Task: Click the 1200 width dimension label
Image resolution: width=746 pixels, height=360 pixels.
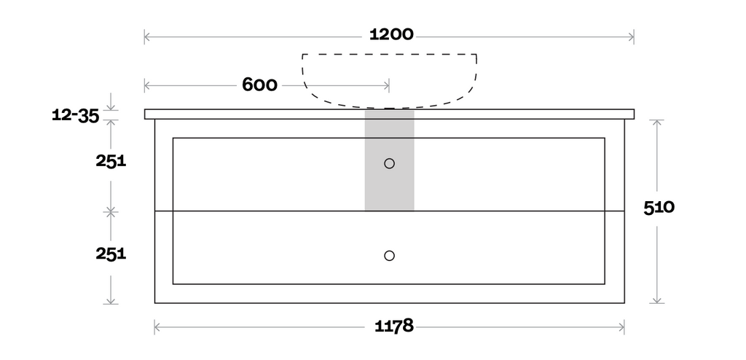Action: click(391, 35)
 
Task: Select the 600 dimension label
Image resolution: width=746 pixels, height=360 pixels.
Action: click(259, 85)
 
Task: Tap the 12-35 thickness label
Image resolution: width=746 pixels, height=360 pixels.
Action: click(76, 115)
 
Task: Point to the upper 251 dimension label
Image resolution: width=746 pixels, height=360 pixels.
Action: click(111, 162)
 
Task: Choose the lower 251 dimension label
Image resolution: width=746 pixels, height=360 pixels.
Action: click(111, 254)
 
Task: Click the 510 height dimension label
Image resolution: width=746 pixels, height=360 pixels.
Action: click(659, 208)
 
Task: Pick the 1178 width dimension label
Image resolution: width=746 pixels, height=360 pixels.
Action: click(394, 326)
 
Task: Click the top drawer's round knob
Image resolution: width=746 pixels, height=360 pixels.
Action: click(389, 163)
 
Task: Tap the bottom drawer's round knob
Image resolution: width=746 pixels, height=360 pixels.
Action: click(389, 256)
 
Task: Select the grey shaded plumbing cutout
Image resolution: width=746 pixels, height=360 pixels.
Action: click(389, 160)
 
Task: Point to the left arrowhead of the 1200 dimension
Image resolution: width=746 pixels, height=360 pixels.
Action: click(147, 36)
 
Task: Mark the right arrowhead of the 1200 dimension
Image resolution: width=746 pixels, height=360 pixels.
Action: click(632, 36)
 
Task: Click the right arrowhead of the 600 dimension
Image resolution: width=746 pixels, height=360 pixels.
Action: click(386, 86)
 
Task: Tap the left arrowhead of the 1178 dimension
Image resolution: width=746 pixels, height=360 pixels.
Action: click(157, 327)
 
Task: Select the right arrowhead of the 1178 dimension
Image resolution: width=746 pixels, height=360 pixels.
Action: click(621, 327)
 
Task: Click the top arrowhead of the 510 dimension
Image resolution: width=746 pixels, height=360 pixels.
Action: click(657, 122)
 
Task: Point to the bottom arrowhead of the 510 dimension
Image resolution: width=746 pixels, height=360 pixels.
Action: click(657, 300)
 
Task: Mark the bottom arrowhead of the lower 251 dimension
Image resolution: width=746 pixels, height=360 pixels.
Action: click(111, 300)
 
